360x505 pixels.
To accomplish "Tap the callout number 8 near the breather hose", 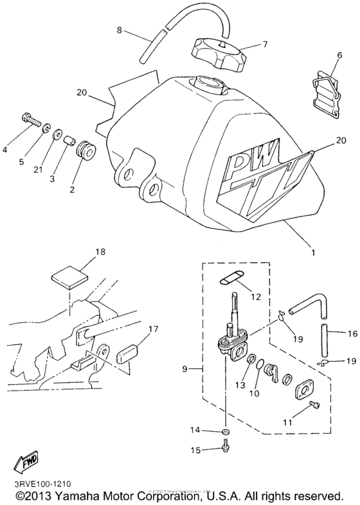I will pyautogui.click(x=119, y=30).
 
